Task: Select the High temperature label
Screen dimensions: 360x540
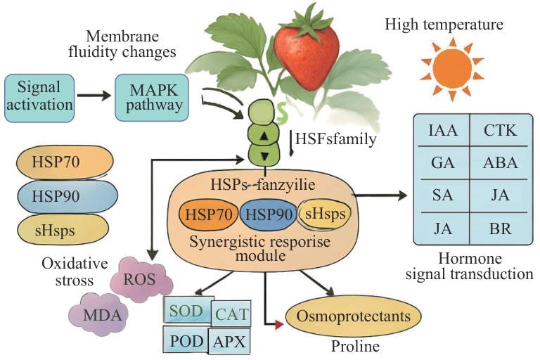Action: coord(443,25)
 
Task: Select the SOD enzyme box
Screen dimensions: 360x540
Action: coord(185,310)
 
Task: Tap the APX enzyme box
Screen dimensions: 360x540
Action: coord(230,342)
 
